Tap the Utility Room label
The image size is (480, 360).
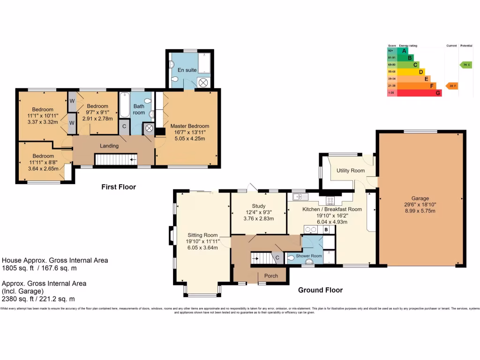(350, 171)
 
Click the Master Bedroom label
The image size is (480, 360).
(189, 126)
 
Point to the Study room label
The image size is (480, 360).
(258, 206)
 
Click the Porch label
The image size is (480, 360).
(271, 276)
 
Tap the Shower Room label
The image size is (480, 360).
(308, 256)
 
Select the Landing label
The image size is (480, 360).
(109, 146)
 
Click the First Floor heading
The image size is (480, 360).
(119, 187)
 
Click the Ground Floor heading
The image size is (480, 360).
(320, 290)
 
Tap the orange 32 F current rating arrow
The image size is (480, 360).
(451, 86)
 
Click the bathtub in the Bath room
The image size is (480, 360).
(124, 106)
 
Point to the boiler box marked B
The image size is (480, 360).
(326, 230)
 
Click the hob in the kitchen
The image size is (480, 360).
(330, 200)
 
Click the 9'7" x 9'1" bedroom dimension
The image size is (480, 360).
(97, 112)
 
